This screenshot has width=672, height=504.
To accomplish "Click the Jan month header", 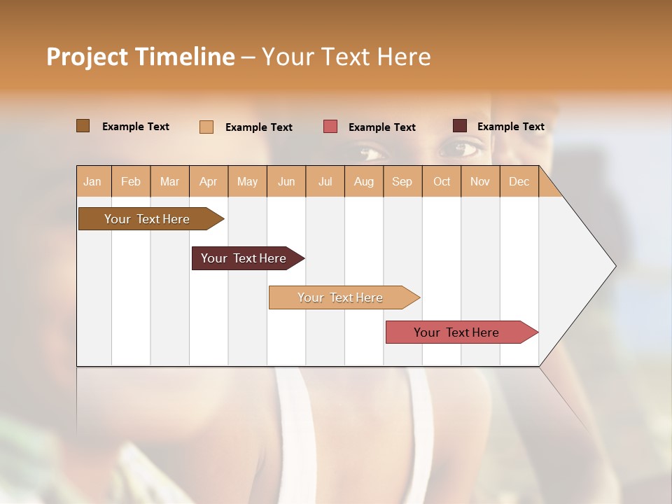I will pos(92,181).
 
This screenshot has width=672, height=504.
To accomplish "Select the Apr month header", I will pos(208,181).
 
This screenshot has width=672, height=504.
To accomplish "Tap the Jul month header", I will pos(325,181).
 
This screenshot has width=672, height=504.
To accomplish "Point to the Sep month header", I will pos(402,181).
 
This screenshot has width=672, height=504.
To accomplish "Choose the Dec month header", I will pos(519,181).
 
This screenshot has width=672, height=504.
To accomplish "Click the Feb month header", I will pos(131,181).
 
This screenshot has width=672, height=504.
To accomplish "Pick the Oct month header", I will pos(442,181).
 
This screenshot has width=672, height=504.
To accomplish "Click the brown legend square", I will pos(83,126).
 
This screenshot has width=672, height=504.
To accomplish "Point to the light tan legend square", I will pos(206,127).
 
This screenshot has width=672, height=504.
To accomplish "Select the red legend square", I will pos(330,127).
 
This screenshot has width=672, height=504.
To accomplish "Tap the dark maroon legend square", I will pos(460,126).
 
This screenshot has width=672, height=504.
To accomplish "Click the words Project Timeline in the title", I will pos(141,57).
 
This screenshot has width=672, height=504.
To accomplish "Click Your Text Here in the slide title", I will pos(346,57).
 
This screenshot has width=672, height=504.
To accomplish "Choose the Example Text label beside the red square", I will pos(382,127).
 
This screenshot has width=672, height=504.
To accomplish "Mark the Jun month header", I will pos(286,181).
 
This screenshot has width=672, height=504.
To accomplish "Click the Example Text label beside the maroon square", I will pos(511,127).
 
